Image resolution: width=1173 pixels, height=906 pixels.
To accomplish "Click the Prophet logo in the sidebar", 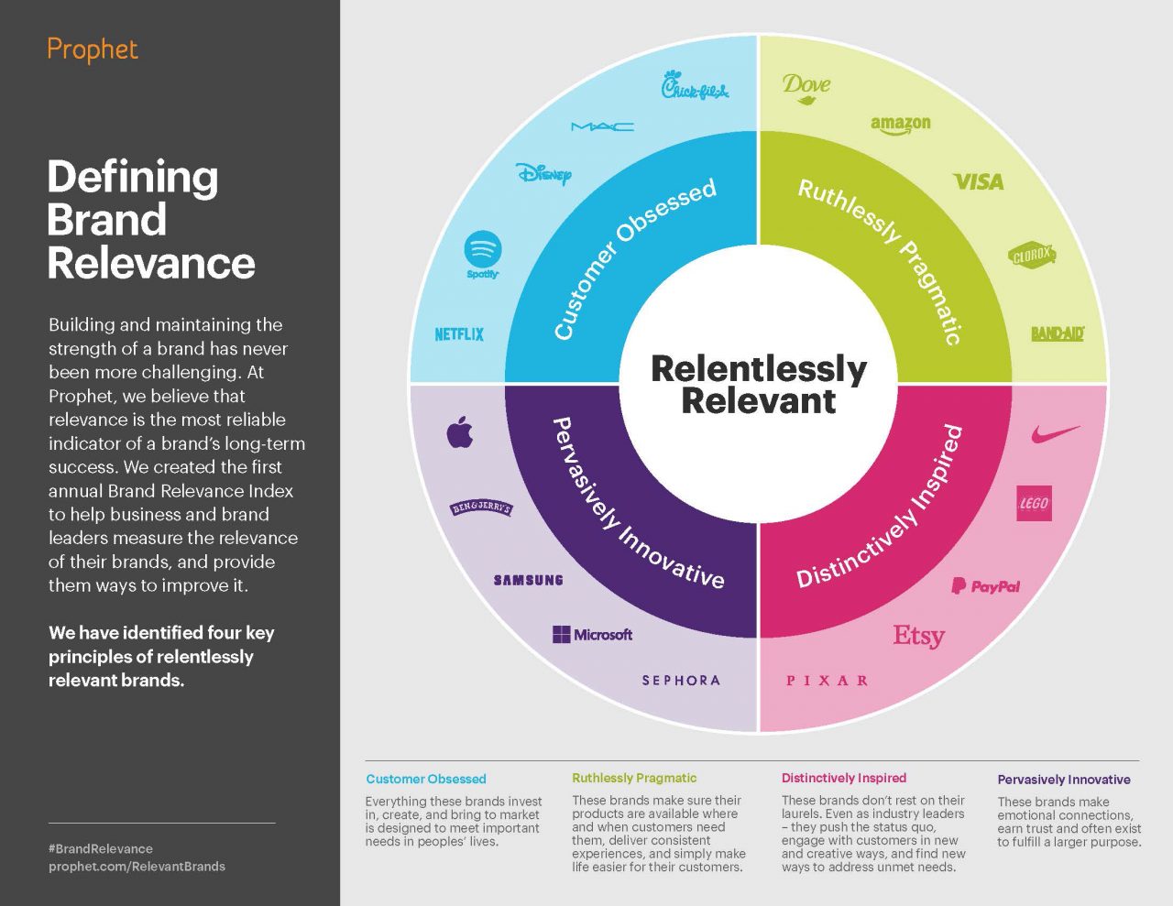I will [x=93, y=49].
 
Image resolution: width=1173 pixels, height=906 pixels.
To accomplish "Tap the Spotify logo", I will [x=483, y=255].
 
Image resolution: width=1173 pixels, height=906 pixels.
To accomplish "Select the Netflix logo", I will [x=459, y=334].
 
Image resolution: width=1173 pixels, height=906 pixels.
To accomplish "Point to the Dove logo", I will [x=806, y=87].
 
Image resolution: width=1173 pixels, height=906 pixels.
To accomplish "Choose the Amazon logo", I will [x=900, y=125].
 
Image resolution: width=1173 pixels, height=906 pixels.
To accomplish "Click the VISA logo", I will [x=979, y=182].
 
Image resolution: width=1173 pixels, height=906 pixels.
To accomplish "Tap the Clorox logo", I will [x=1032, y=257].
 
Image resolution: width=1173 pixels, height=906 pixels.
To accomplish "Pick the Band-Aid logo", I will [x=1057, y=333].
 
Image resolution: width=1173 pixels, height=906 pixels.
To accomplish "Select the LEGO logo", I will [x=1034, y=503].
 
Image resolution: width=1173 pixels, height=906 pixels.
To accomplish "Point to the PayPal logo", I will [x=985, y=586].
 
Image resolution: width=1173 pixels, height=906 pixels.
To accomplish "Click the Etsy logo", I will [x=918, y=635].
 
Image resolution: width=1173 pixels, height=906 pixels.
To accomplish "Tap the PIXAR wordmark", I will [x=828, y=681].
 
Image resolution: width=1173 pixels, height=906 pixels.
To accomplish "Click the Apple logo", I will [x=460, y=431].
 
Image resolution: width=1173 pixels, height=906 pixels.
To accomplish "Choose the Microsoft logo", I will [x=592, y=634].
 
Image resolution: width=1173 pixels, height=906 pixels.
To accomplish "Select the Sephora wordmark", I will [x=681, y=681].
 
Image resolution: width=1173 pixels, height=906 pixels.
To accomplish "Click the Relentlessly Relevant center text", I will [x=759, y=385].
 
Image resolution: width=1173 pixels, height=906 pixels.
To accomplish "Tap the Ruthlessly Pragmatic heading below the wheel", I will [x=634, y=778].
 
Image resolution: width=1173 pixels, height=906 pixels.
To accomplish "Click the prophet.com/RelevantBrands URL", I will [x=137, y=866].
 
